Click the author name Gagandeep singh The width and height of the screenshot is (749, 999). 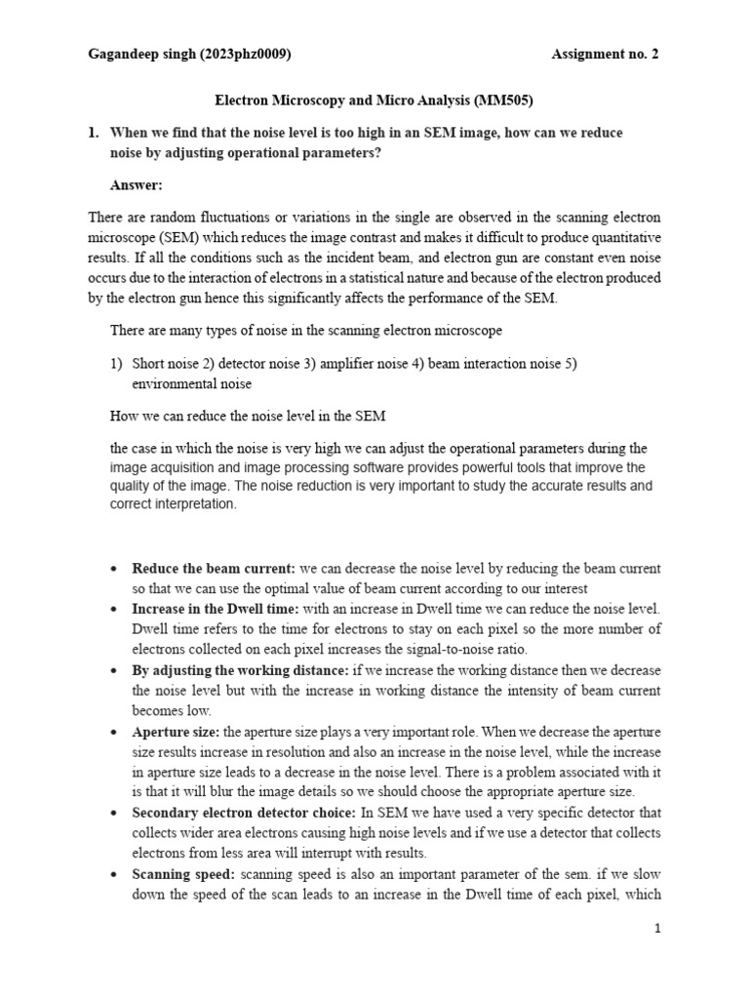coord(141,55)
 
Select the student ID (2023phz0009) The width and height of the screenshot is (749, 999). coord(245,55)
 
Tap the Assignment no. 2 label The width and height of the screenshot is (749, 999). coord(605,55)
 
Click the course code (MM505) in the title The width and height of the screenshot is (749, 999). coord(504,100)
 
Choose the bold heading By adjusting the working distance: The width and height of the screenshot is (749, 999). coord(239,671)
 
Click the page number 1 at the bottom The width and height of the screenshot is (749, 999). coord(658,930)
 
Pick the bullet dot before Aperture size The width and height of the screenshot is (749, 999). coord(115,733)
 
